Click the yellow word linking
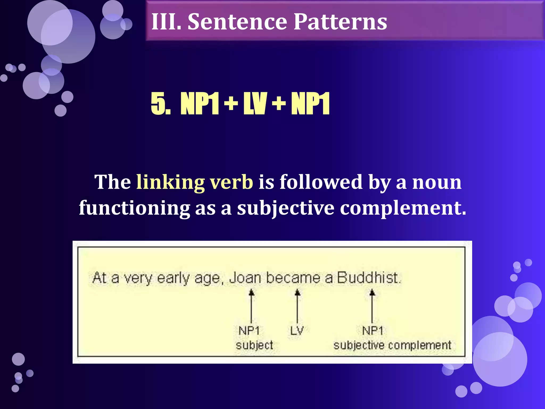170,182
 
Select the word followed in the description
321,182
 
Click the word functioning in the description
134,208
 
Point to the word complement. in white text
403,208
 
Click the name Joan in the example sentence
245,278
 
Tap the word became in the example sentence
293,278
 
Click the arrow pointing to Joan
251,306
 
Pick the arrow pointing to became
298,306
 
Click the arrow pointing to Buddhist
372,306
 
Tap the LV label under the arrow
297,331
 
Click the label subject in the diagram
254,345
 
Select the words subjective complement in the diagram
392,345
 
